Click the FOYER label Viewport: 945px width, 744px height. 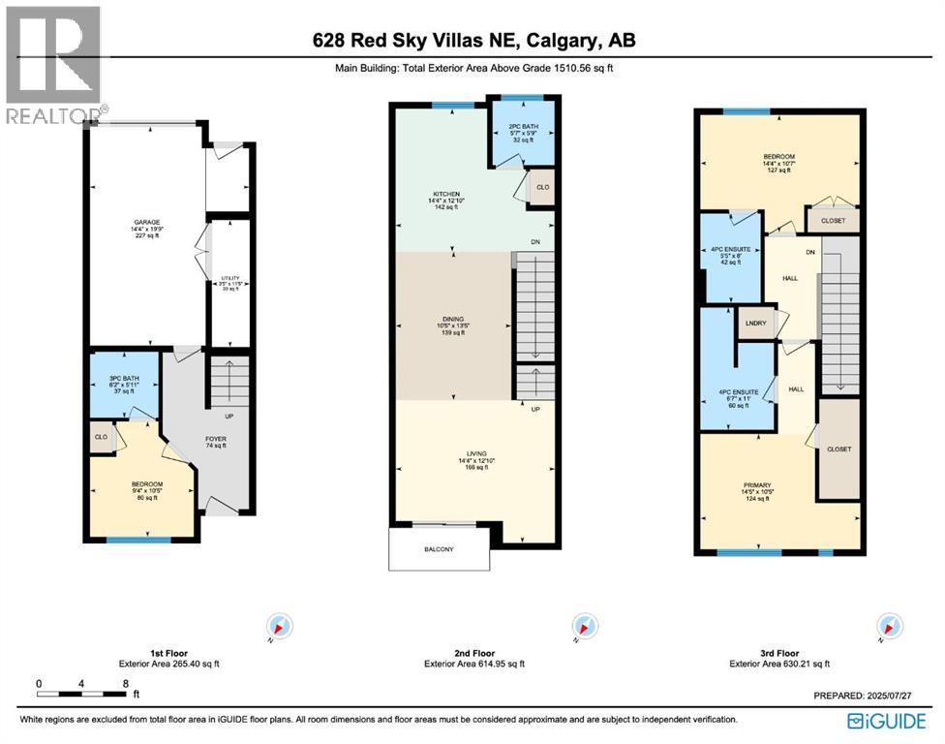(x=215, y=438)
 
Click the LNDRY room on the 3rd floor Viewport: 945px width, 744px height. (x=756, y=324)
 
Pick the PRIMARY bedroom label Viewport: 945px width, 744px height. (x=757, y=485)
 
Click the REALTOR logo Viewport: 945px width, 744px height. (x=54, y=64)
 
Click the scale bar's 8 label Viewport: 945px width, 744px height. (x=126, y=683)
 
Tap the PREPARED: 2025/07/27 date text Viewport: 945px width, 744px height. (x=862, y=695)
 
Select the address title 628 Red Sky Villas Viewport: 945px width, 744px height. (x=473, y=40)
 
